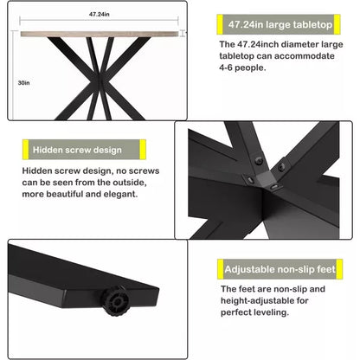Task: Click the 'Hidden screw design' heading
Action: click(x=76, y=151)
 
